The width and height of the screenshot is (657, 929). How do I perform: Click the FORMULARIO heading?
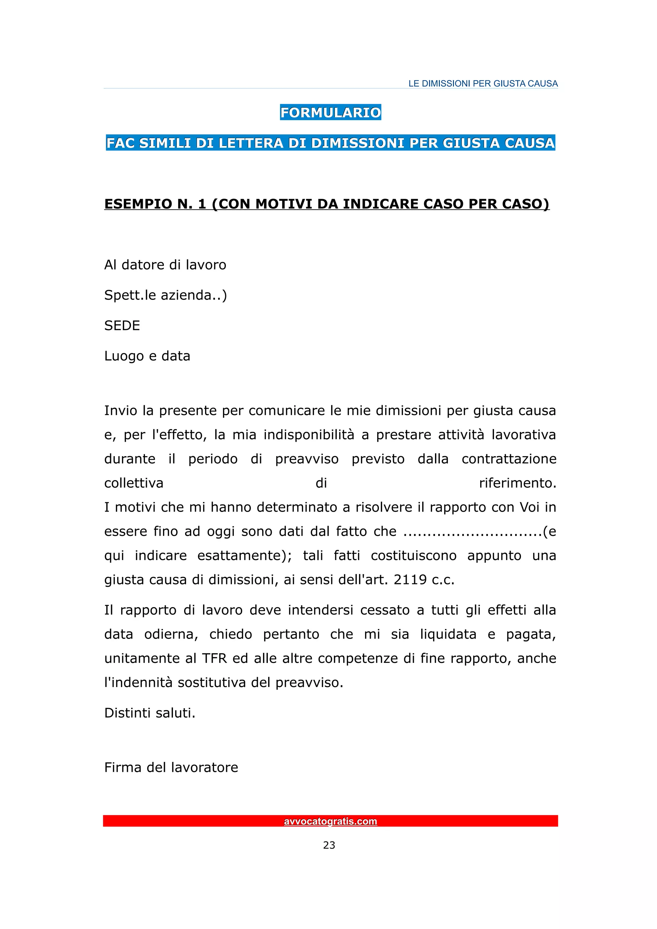[330, 113]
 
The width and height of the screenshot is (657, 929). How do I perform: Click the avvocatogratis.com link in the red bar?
[330, 821]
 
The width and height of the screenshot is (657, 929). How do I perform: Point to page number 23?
[329, 845]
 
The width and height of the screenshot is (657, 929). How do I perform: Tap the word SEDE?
[122, 326]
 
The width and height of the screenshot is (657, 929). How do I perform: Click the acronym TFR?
[214, 658]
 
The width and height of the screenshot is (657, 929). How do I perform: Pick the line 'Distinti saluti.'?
[150, 713]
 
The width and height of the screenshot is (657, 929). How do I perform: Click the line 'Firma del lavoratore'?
[171, 767]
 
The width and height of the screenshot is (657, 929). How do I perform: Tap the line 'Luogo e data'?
[147, 356]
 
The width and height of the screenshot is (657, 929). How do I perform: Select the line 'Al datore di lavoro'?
[165, 265]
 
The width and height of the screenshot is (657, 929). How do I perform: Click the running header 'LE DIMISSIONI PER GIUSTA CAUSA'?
[483, 84]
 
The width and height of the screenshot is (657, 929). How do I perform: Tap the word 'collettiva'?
[133, 483]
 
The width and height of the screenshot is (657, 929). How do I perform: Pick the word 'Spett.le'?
[130, 295]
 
